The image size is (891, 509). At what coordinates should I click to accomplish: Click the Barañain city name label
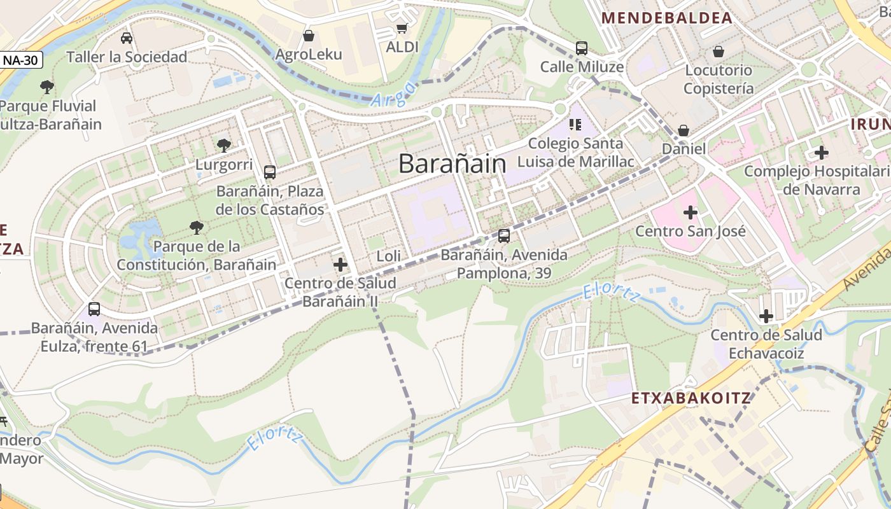point(453,164)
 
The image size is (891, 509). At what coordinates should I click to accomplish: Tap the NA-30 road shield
point(22,60)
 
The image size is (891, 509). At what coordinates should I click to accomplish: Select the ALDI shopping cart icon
point(402,28)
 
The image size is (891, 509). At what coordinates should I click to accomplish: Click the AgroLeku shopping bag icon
point(309,36)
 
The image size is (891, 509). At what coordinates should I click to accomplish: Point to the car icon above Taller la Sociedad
point(127,38)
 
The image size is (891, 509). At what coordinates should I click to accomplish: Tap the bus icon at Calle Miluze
point(582,48)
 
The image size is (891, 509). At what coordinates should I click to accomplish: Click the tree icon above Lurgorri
point(223,146)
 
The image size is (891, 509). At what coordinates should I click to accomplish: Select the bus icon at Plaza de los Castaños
point(270,172)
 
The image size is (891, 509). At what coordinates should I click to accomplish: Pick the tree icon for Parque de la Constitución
point(197,227)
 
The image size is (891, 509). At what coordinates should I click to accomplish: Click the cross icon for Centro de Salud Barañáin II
point(340,264)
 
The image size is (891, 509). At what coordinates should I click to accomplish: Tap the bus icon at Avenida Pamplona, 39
point(504,236)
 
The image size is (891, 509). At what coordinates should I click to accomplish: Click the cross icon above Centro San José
point(691,212)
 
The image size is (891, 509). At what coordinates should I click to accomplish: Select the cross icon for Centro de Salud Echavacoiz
point(766,316)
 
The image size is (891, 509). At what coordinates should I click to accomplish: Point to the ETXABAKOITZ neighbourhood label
point(692,399)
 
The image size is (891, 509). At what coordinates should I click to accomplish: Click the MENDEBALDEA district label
point(667,18)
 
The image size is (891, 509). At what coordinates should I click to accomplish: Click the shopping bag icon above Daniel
point(684,130)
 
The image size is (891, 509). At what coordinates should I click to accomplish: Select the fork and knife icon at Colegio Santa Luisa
point(575,125)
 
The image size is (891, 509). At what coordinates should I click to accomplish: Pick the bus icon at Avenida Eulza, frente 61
point(94,309)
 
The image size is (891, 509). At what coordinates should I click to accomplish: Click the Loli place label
point(389,256)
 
